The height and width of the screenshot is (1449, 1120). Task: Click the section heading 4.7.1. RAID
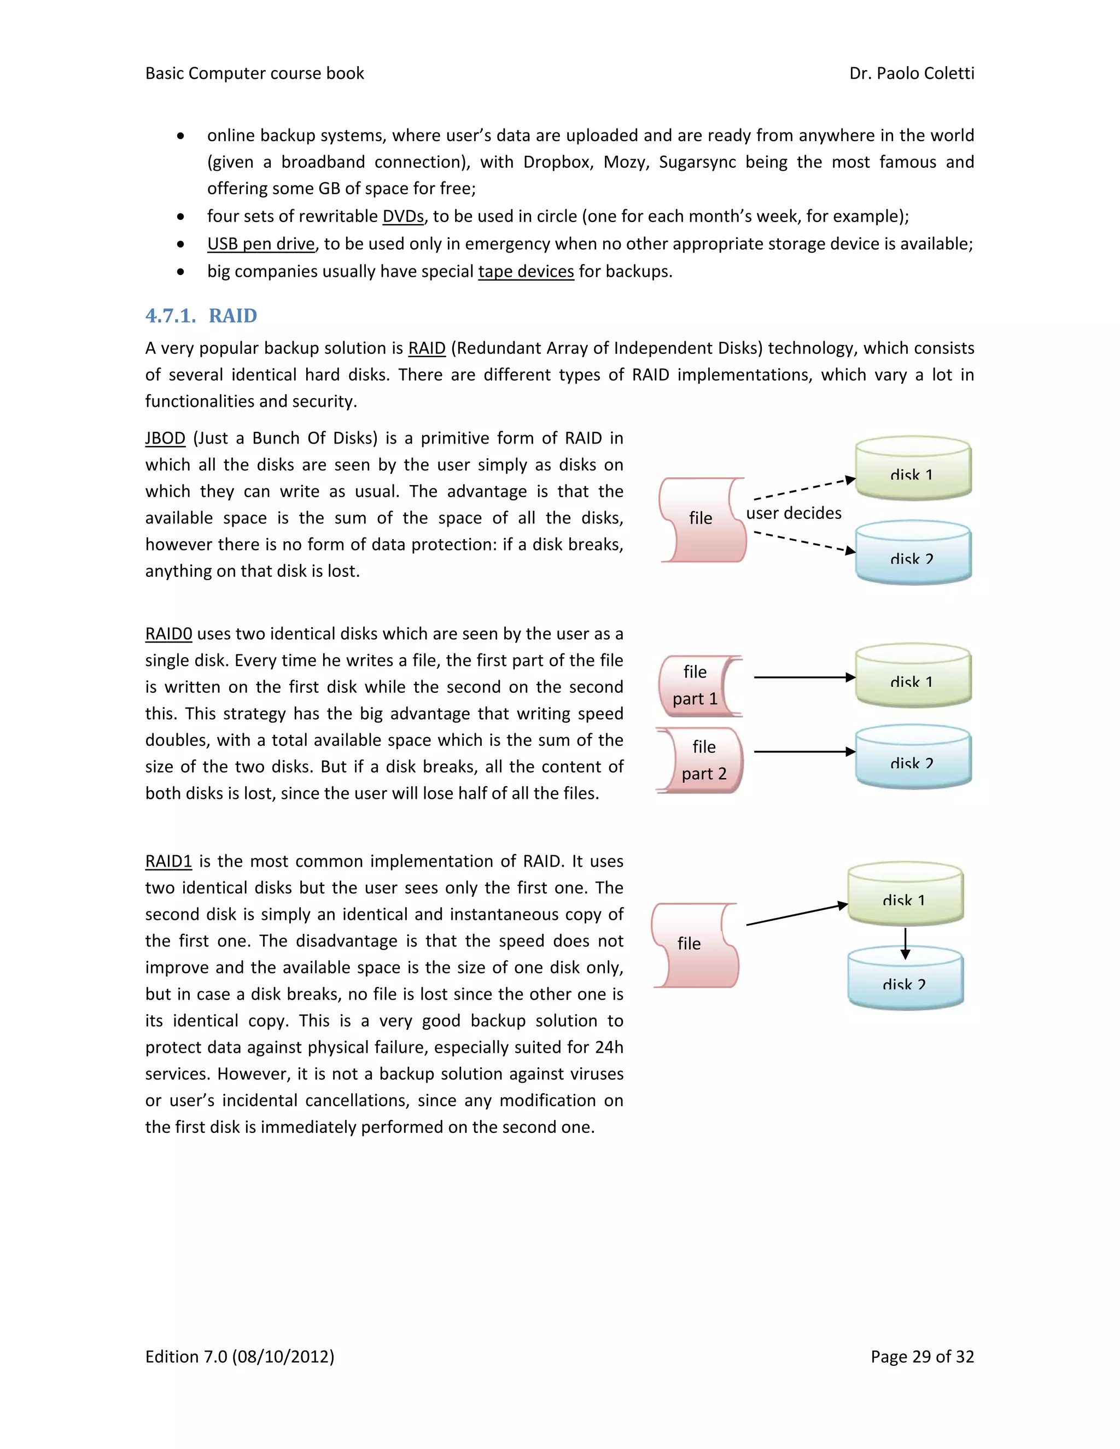pyautogui.click(x=201, y=316)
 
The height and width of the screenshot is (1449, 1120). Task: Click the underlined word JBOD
pyautogui.click(x=165, y=439)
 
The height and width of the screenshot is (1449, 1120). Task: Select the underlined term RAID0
pyautogui.click(x=168, y=634)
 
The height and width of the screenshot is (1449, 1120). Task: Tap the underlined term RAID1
pyautogui.click(x=168, y=862)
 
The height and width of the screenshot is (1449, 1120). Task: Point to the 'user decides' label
pyautogui.click(x=794, y=513)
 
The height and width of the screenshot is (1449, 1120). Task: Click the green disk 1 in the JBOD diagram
pyautogui.click(x=913, y=468)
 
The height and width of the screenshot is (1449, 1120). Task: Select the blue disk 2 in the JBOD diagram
pyautogui.click(x=913, y=553)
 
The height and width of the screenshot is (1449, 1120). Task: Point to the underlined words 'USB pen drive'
pyautogui.click(x=261, y=244)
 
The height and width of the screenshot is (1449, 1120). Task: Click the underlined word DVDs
pyautogui.click(x=402, y=217)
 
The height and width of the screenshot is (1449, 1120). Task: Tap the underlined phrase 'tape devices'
pyautogui.click(x=526, y=272)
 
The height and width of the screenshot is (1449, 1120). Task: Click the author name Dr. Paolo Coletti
pyautogui.click(x=911, y=74)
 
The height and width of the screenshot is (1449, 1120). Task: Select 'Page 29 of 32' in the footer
pyautogui.click(x=921, y=1357)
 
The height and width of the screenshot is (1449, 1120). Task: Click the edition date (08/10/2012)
pyautogui.click(x=283, y=1357)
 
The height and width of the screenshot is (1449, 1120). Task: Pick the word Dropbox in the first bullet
pyautogui.click(x=557, y=162)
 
